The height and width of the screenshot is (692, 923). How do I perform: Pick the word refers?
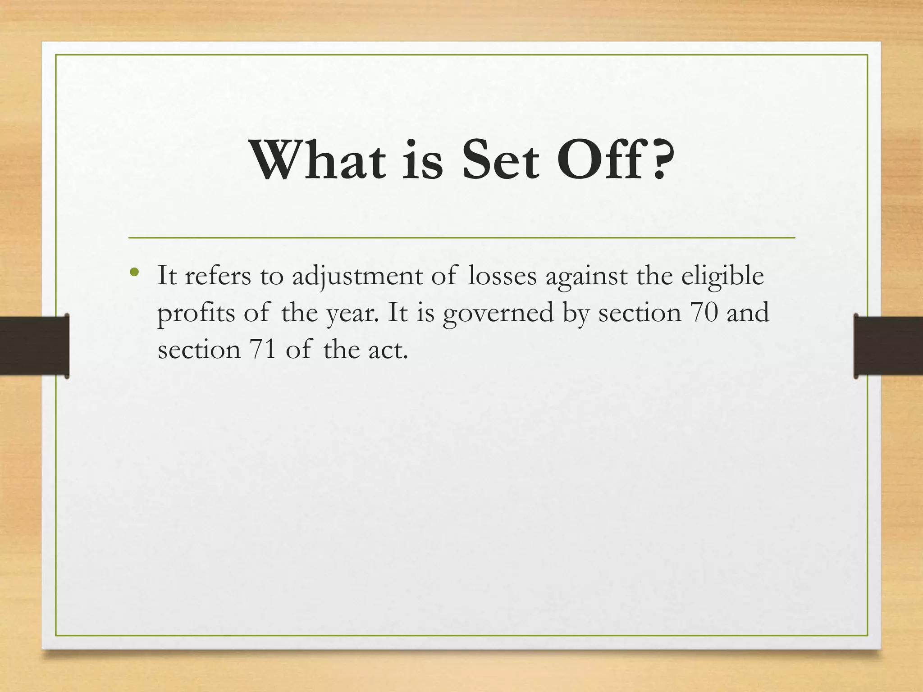click(217, 276)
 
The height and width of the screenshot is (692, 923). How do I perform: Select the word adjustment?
click(356, 276)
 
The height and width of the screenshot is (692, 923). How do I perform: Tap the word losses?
click(502, 276)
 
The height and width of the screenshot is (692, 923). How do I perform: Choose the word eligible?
click(722, 276)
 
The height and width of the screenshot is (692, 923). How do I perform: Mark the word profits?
click(196, 313)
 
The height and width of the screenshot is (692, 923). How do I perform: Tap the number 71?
click(262, 350)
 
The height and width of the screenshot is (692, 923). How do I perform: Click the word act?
click(388, 350)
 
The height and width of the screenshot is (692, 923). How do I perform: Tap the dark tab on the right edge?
click(888, 346)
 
